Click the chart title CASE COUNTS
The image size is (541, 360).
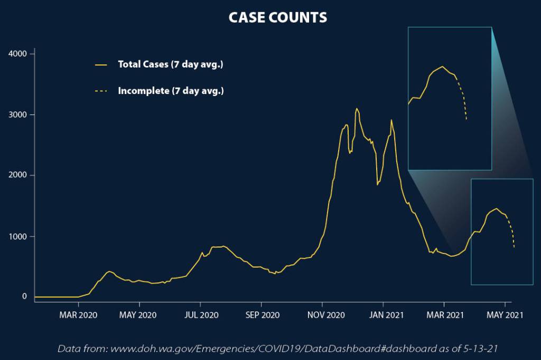pyautogui.click(x=277, y=17)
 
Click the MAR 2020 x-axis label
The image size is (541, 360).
pyautogui.click(x=78, y=315)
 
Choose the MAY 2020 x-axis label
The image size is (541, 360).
pyautogui.click(x=139, y=315)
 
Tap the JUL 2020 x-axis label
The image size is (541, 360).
pyautogui.click(x=200, y=315)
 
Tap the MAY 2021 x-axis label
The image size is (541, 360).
pyautogui.click(x=505, y=315)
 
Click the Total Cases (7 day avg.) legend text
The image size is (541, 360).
pyautogui.click(x=171, y=64)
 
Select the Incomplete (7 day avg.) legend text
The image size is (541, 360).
pyautogui.click(x=171, y=91)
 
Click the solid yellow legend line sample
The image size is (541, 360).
pyautogui.click(x=101, y=65)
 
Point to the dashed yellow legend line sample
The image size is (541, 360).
pyautogui.click(x=101, y=91)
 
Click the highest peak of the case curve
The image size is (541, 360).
pyautogui.click(x=357, y=109)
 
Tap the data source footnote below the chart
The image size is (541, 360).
pyautogui.click(x=277, y=348)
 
